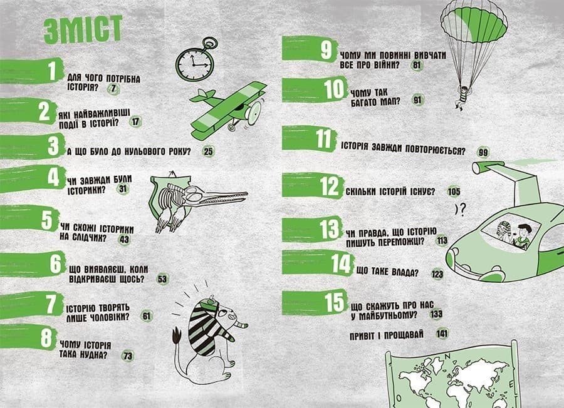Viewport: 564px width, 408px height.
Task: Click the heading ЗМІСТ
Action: pos(83,29)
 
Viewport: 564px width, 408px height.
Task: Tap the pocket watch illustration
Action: pos(196,60)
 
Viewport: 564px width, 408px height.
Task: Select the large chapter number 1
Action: pos(52,71)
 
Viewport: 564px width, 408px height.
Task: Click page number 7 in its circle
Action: pos(113,89)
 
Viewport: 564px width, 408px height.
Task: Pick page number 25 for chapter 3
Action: pos(208,151)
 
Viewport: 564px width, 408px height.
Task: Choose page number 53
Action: pos(162,279)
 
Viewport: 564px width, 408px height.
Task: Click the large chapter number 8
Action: pos(47,338)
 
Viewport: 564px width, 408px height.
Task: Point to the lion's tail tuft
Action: pos(177,337)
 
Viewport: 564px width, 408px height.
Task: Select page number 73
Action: pos(128,356)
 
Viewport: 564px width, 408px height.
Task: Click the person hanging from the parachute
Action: pos(461,97)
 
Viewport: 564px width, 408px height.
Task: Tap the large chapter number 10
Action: pos(335,89)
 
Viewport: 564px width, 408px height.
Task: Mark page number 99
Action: pos(483,153)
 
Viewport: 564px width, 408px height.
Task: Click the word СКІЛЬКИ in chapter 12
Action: pos(361,191)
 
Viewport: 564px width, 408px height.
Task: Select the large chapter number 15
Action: pos(335,302)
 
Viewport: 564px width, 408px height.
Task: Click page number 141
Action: pos(442,334)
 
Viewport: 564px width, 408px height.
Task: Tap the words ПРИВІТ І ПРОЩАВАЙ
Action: pos(387,335)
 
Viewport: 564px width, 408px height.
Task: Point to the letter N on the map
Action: pos(447,356)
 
